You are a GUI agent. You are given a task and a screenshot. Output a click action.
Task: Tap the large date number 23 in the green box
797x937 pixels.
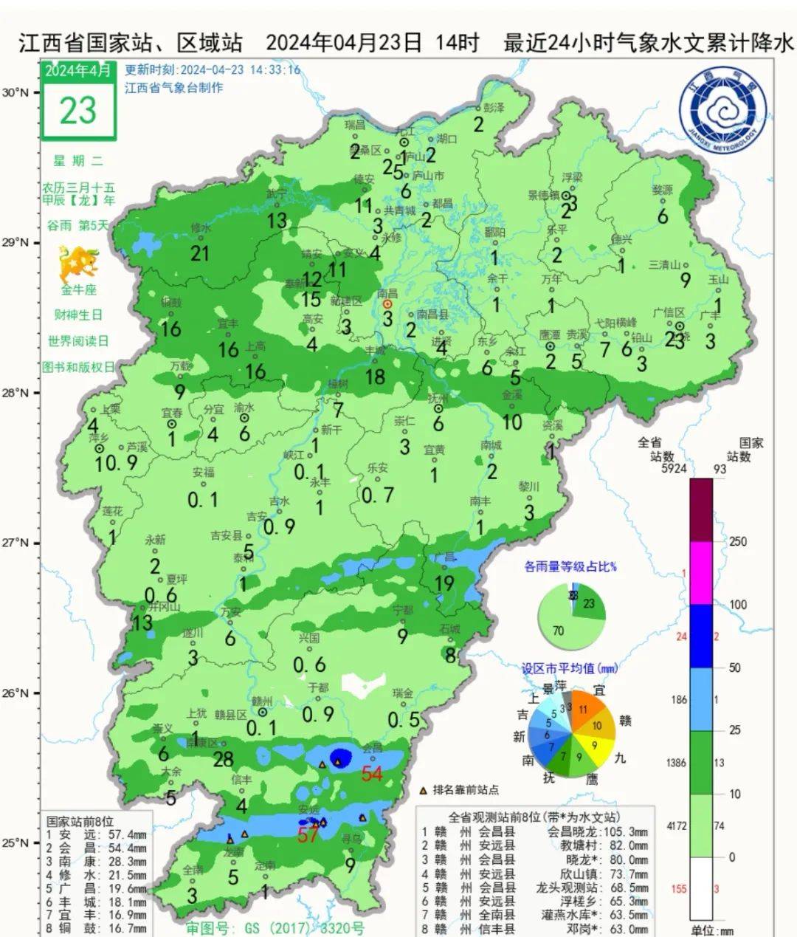click(x=78, y=111)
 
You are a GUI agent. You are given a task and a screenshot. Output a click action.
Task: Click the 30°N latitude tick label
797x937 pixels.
click(x=15, y=93)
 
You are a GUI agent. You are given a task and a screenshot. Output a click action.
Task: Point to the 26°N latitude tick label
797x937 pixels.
click(x=15, y=693)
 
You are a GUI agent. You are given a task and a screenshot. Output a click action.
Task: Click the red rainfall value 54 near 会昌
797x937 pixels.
click(x=371, y=774)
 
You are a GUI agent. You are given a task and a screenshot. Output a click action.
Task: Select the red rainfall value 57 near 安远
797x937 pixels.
click(x=308, y=835)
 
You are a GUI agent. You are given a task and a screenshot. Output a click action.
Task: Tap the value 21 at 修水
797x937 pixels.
click(x=200, y=254)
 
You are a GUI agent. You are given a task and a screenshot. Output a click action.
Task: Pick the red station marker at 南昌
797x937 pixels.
click(x=387, y=303)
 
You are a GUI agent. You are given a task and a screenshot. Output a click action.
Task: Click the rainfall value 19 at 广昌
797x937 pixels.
click(x=444, y=583)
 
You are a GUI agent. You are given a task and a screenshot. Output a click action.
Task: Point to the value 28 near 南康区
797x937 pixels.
click(x=223, y=758)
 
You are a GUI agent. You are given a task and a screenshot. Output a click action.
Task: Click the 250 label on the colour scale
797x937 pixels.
click(x=737, y=541)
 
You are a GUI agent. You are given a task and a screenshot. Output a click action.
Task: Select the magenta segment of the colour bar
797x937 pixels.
click(x=701, y=573)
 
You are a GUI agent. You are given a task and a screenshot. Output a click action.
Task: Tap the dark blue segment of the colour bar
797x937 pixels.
click(x=701, y=636)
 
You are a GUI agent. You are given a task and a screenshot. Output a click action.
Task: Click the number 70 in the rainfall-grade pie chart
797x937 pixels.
click(x=558, y=631)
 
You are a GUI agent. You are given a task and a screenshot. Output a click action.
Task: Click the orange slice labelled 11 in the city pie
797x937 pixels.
click(x=584, y=707)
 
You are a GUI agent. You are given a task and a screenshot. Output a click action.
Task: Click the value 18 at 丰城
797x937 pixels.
click(x=375, y=377)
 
